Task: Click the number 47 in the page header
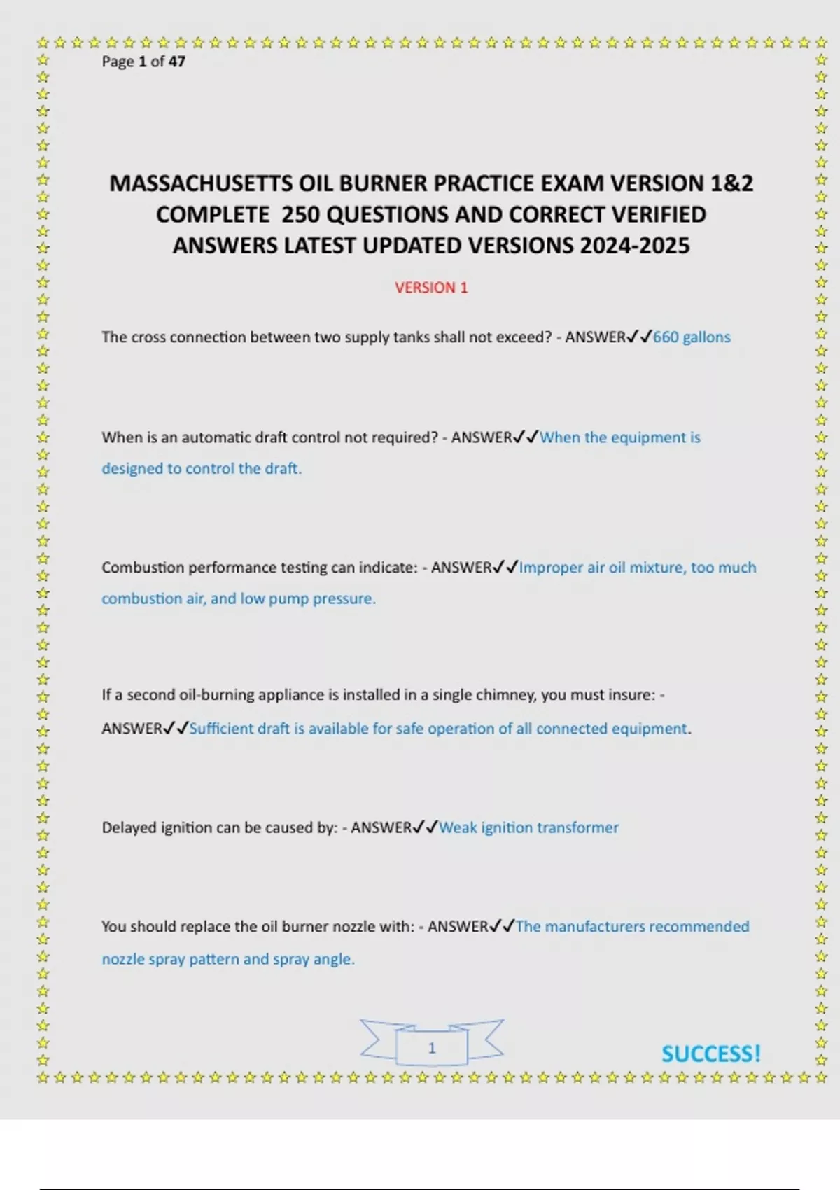coord(177,62)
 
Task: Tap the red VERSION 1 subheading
coord(431,288)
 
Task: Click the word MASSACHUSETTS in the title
coord(201,183)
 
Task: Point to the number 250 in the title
coord(300,215)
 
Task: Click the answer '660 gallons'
coord(692,337)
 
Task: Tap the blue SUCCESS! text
coord(710,1053)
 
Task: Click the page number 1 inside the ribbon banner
coord(432,1048)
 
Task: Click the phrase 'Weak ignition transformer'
coord(528,827)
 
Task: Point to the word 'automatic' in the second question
coord(214,437)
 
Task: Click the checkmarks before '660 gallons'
coord(640,337)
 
